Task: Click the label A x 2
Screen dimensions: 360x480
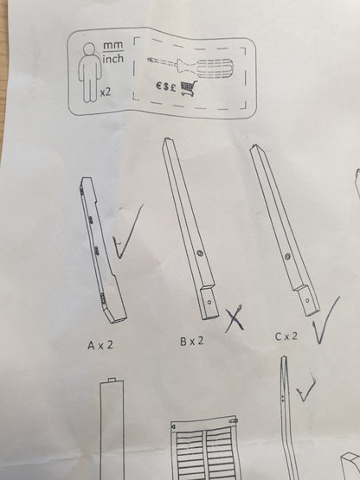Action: click(100, 345)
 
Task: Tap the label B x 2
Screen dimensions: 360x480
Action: click(192, 341)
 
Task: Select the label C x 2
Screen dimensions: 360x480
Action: click(286, 336)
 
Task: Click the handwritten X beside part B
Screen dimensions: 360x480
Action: click(235, 318)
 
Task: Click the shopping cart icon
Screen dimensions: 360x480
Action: click(189, 88)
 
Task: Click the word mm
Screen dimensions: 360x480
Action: click(112, 45)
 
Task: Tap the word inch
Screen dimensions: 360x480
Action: click(112, 58)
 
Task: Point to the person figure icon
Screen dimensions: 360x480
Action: click(89, 72)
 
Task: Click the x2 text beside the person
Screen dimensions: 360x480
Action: click(105, 93)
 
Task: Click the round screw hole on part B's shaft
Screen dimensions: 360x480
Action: click(201, 253)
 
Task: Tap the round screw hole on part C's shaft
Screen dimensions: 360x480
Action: click(287, 257)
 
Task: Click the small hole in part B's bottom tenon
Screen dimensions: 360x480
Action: click(209, 302)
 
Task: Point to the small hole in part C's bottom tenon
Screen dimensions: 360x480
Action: click(307, 301)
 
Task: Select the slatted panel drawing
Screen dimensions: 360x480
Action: click(206, 448)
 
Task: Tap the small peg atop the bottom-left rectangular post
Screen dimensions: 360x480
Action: click(112, 380)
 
